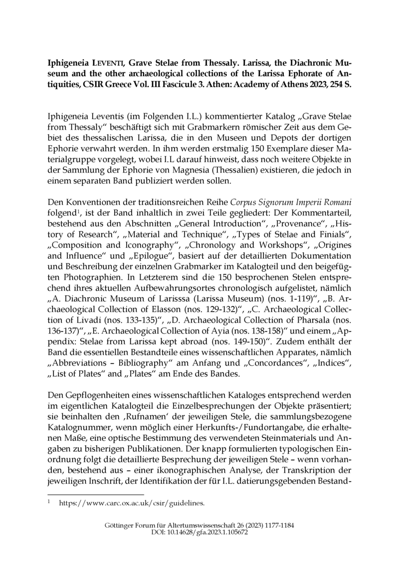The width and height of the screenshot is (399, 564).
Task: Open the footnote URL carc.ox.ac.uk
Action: pos(132,504)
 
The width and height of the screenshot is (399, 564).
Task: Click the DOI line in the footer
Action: pos(199,533)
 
